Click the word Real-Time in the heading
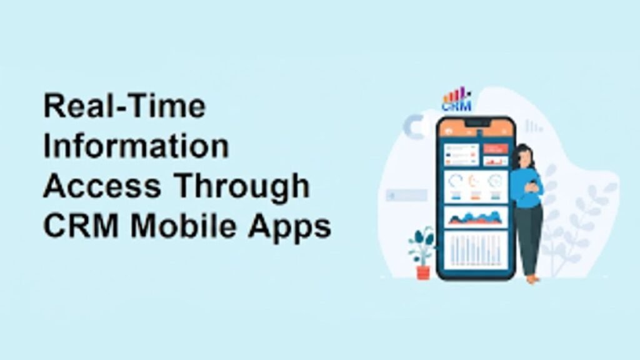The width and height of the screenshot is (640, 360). [124, 107]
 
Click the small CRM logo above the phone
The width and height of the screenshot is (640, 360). [456, 101]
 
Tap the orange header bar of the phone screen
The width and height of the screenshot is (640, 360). [475, 129]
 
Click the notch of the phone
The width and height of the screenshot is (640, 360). [476, 124]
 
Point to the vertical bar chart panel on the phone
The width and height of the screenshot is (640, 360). [476, 252]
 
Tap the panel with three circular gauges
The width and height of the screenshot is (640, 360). [476, 186]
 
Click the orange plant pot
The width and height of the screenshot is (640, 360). [423, 272]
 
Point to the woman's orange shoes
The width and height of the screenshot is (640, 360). [532, 279]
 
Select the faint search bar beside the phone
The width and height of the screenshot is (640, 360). [407, 196]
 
